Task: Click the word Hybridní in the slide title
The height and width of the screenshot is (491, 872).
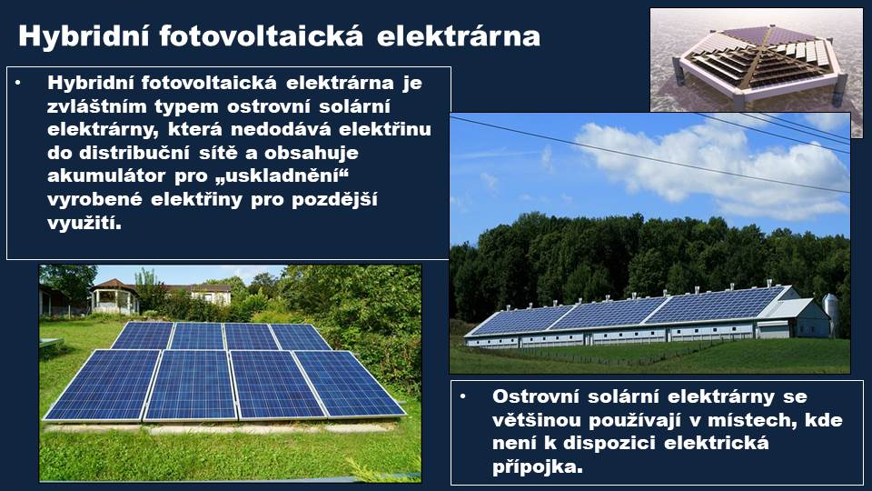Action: tap(84, 36)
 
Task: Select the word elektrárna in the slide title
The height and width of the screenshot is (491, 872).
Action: tap(458, 36)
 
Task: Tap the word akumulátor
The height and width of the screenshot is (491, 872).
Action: tap(106, 175)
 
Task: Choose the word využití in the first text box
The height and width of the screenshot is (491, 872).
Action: tap(84, 223)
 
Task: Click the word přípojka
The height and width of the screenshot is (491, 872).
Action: tap(538, 466)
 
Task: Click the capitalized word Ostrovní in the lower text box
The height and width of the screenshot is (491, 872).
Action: tap(535, 396)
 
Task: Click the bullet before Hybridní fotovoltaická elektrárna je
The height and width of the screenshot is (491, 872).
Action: tap(18, 83)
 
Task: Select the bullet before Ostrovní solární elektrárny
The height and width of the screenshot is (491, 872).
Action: tap(462, 396)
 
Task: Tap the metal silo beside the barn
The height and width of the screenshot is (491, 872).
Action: tap(830, 314)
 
